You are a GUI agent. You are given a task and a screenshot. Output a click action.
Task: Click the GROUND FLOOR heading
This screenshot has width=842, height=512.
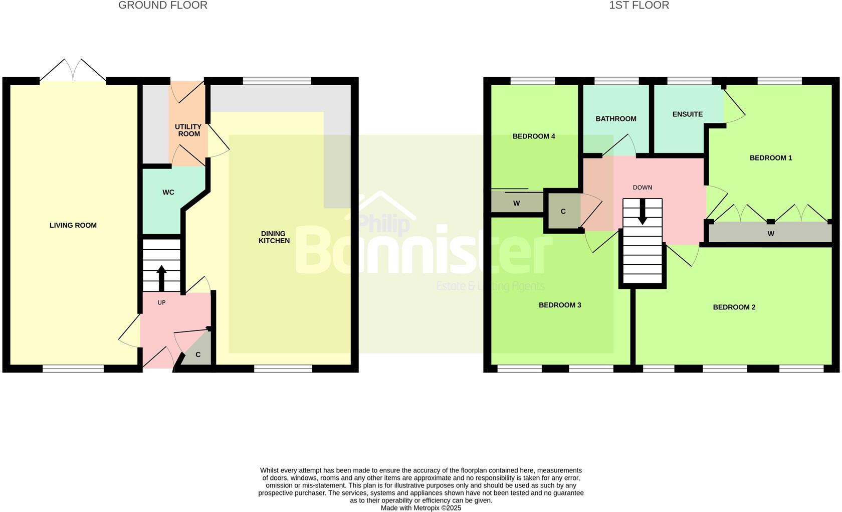[162, 6]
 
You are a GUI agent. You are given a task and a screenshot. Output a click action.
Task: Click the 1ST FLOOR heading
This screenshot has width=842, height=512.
[639, 6]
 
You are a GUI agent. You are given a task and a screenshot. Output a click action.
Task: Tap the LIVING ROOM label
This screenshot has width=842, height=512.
[73, 226]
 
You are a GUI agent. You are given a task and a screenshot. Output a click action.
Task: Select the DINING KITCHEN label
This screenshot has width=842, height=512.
[274, 237]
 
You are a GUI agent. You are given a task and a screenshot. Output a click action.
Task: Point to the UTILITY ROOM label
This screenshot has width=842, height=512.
[188, 130]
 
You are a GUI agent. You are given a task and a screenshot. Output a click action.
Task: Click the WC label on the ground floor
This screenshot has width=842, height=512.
[168, 193]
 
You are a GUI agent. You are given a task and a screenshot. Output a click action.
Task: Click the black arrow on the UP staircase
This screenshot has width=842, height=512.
[161, 277]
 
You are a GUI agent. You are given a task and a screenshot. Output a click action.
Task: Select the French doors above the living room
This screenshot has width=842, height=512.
[73, 71]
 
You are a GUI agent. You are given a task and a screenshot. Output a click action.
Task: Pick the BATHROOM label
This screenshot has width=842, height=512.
[616, 119]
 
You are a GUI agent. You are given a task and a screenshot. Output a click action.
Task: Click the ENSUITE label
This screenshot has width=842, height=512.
[687, 114]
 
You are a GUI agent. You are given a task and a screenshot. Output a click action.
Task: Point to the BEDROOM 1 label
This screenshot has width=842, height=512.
[771, 158]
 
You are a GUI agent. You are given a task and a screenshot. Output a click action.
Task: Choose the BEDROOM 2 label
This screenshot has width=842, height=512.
[734, 307]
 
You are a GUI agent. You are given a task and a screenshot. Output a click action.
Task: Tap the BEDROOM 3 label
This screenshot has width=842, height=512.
[560, 305]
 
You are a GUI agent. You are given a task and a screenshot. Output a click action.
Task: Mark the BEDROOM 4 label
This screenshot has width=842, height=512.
[534, 136]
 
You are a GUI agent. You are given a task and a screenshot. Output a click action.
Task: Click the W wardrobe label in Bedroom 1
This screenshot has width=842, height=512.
[771, 234]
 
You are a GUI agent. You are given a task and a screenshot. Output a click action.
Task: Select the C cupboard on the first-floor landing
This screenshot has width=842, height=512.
[563, 212]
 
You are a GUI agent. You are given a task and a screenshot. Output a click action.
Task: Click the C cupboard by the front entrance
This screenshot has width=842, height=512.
[198, 355]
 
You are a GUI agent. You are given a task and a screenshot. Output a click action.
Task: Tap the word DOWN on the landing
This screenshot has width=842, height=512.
[642, 188]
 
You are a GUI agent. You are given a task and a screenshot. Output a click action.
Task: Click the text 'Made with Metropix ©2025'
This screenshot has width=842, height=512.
[420, 508]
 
